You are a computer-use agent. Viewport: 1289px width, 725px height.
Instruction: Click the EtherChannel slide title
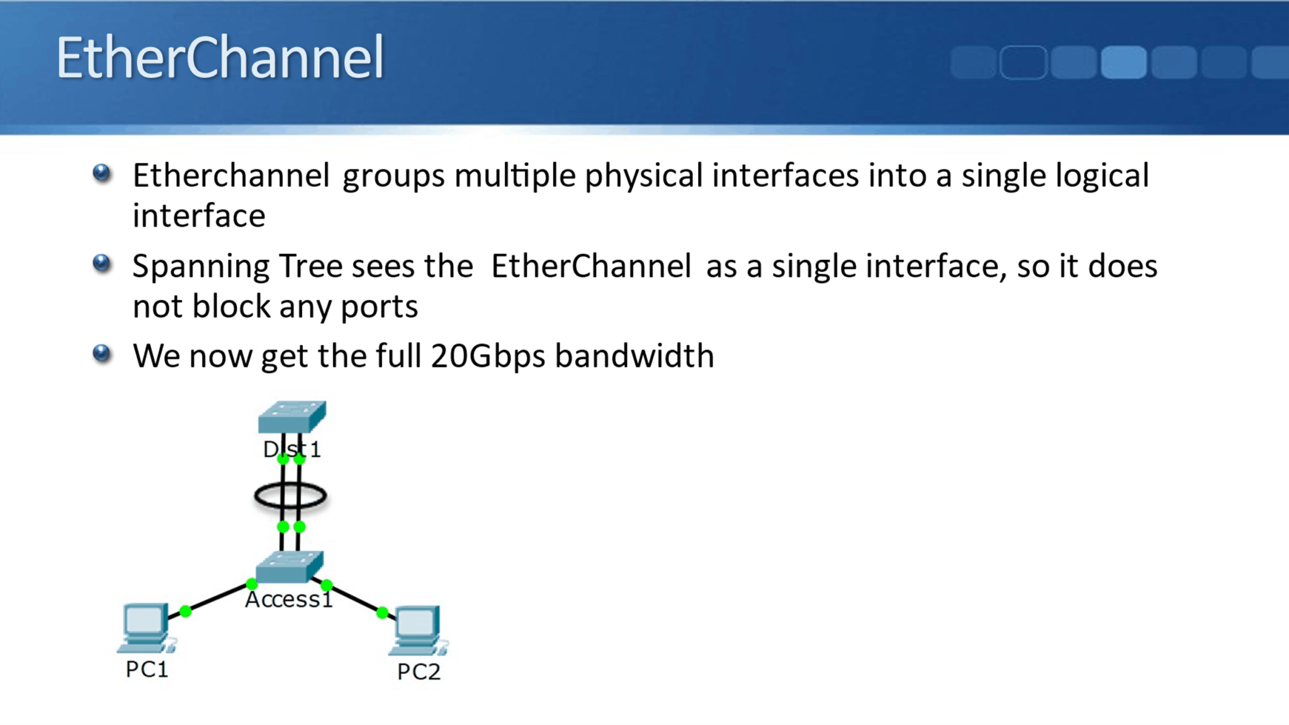pyautogui.click(x=220, y=57)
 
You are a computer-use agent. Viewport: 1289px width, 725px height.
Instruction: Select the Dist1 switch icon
pyautogui.click(x=292, y=417)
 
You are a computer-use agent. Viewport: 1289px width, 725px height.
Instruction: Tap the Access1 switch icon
pyautogui.click(x=290, y=566)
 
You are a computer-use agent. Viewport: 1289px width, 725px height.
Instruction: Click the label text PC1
pyautogui.click(x=147, y=669)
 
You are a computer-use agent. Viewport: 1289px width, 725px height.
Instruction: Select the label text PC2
pyautogui.click(x=419, y=672)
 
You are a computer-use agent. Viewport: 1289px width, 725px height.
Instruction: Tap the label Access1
pyautogui.click(x=288, y=600)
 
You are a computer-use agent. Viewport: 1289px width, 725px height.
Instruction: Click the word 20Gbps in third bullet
pyautogui.click(x=488, y=356)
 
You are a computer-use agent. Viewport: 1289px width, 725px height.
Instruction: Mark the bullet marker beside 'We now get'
pyautogui.click(x=101, y=354)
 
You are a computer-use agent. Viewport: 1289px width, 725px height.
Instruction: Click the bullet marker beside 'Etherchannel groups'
pyautogui.click(x=101, y=173)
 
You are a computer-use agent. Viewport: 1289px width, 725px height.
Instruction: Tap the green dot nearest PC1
pyautogui.click(x=185, y=611)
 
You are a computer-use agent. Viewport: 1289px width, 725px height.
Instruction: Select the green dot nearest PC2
pyautogui.click(x=382, y=612)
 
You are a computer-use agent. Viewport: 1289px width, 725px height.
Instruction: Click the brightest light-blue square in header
pyautogui.click(x=1123, y=62)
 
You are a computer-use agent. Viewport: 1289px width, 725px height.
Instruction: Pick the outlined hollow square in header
pyautogui.click(x=1023, y=62)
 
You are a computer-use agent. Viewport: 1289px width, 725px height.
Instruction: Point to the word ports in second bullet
pyautogui.click(x=379, y=307)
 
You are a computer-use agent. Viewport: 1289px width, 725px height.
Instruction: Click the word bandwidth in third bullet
pyautogui.click(x=634, y=356)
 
